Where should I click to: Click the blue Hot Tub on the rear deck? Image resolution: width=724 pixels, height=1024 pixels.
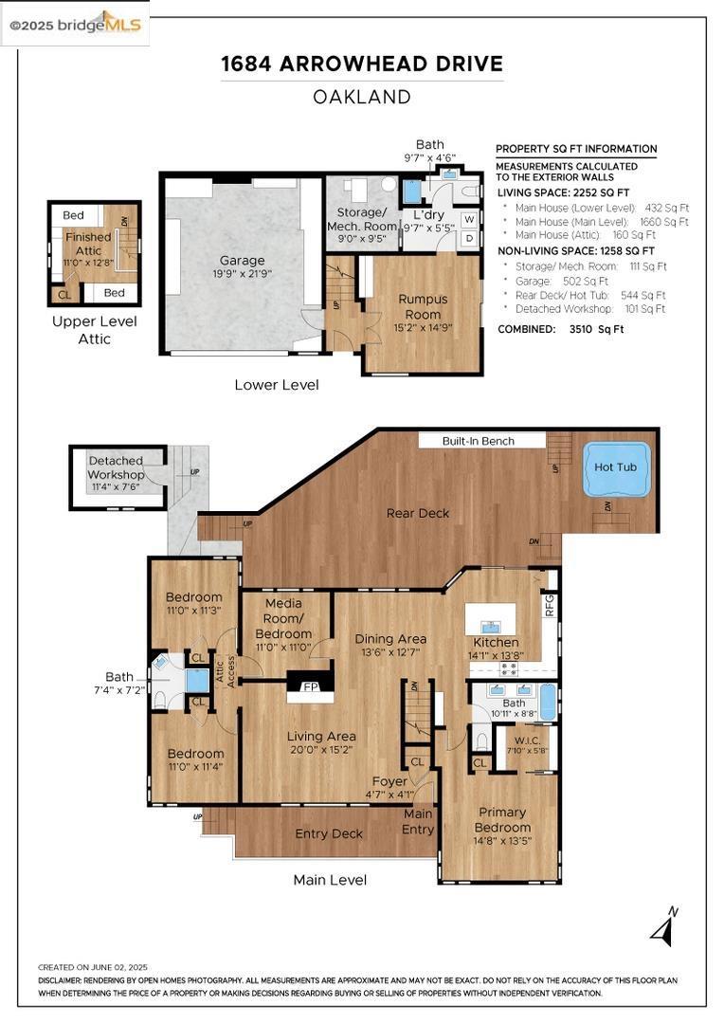tap(617, 468)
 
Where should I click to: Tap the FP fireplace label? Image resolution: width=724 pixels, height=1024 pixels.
tap(309, 686)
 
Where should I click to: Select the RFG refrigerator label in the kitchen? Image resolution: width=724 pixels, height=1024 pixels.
tap(549, 604)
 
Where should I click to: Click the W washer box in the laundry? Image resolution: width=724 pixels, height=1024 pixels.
tap(468, 220)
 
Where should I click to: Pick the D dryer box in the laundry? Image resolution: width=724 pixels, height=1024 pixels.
tap(468, 239)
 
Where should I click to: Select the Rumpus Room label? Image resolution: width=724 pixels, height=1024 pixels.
tap(423, 306)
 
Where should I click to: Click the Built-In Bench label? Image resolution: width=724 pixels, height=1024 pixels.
tap(479, 441)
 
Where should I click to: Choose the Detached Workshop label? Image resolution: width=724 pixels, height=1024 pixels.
tap(116, 467)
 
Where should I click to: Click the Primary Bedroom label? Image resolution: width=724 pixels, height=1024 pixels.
tap(501, 819)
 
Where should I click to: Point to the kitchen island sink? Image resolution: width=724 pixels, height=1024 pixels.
tap(491, 627)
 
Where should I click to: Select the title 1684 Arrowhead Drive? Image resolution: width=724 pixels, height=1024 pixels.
tap(362, 64)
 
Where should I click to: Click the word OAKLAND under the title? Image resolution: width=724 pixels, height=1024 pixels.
tap(362, 97)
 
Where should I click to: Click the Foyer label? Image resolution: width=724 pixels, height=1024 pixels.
tap(389, 781)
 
